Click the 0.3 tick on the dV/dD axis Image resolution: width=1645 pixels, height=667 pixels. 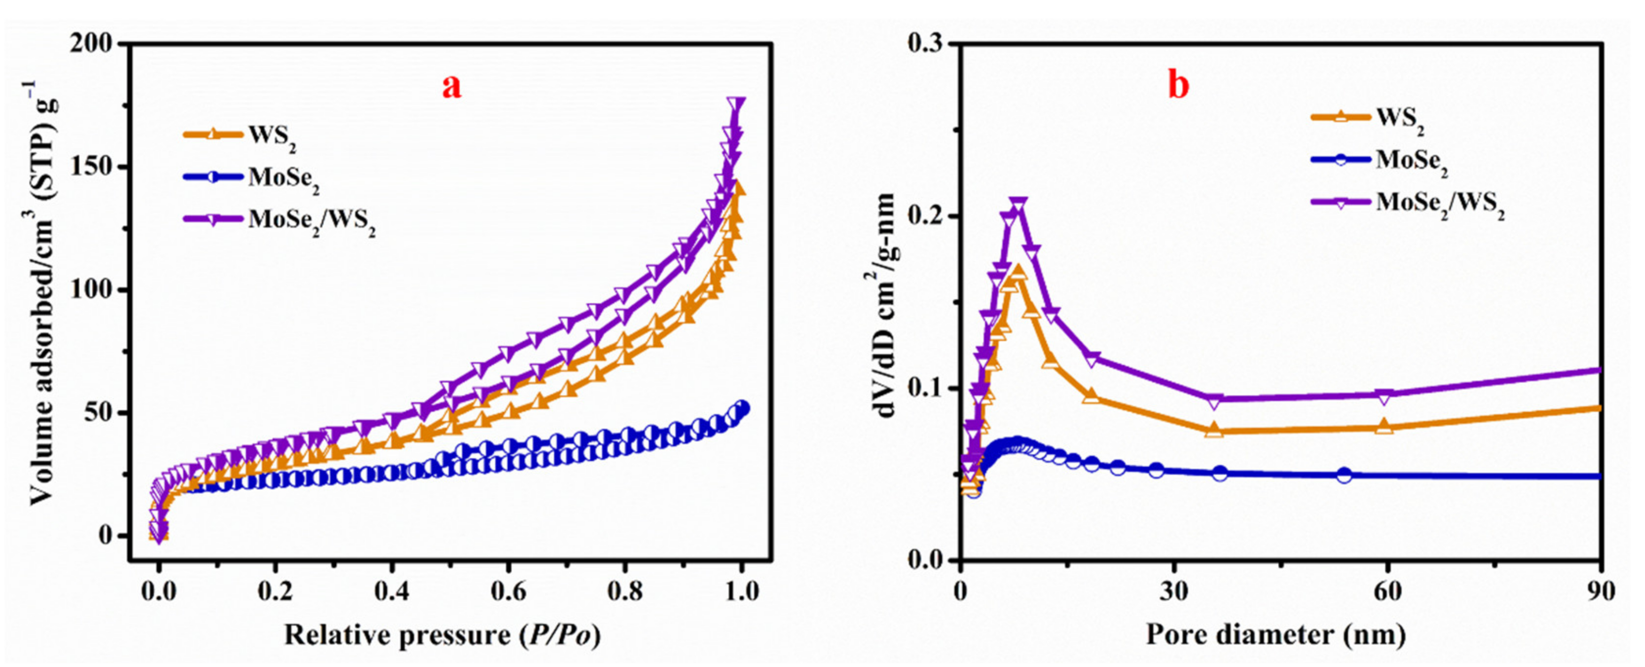(926, 44)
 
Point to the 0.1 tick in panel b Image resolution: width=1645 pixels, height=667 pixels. (926, 388)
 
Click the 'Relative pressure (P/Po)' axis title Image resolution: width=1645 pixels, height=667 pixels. (442, 636)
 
